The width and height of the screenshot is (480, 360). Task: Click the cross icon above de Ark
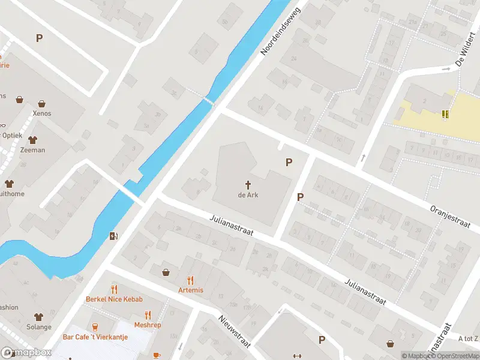click(x=248, y=184)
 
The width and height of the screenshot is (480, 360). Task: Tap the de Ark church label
click(x=248, y=195)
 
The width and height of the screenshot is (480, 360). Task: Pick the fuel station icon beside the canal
click(x=113, y=236)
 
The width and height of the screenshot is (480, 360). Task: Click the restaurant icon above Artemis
click(x=191, y=280)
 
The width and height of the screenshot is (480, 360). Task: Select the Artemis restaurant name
click(x=191, y=290)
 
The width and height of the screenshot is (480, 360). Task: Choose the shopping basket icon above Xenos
click(x=42, y=103)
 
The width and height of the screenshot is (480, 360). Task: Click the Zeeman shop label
click(x=32, y=150)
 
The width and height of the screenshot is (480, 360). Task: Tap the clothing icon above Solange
click(x=39, y=316)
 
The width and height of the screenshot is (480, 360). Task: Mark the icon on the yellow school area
click(x=445, y=113)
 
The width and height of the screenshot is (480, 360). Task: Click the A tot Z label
click(x=468, y=339)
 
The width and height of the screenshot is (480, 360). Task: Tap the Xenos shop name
click(x=42, y=113)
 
